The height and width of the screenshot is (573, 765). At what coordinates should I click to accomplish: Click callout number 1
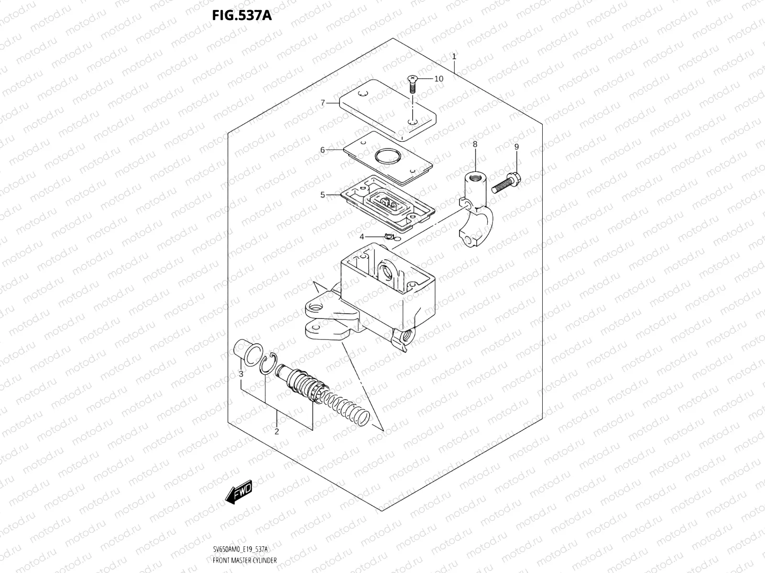point(454,56)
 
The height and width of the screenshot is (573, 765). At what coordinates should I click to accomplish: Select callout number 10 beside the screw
point(438,79)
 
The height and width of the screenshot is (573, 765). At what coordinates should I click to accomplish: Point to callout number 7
point(323,103)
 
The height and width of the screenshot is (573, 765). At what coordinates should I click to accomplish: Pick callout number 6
point(323,150)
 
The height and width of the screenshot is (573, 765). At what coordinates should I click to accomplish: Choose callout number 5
point(323,195)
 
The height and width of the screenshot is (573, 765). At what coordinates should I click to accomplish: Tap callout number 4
point(362,237)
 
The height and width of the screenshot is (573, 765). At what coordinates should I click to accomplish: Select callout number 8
point(475,144)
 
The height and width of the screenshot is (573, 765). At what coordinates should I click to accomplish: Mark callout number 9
point(516,147)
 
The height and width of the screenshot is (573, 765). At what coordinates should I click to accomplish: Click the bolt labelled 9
point(505,183)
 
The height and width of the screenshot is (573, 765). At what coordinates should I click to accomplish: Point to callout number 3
point(241,373)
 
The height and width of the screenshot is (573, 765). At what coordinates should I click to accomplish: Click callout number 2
point(276,433)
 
